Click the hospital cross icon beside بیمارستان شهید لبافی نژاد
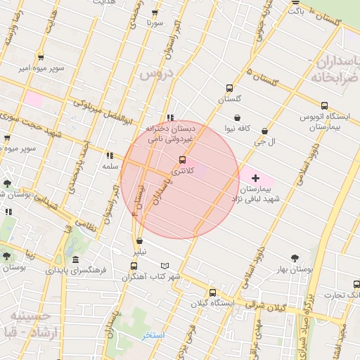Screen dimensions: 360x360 point(255,178)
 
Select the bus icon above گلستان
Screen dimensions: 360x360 point(229,89)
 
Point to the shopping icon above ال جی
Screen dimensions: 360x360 point(264,131)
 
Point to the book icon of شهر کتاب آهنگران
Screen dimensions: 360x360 point(165,266)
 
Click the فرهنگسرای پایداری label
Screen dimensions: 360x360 point(76,269)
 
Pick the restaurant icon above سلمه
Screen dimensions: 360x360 point(109,156)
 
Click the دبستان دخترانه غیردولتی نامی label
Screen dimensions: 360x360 point(169,135)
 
